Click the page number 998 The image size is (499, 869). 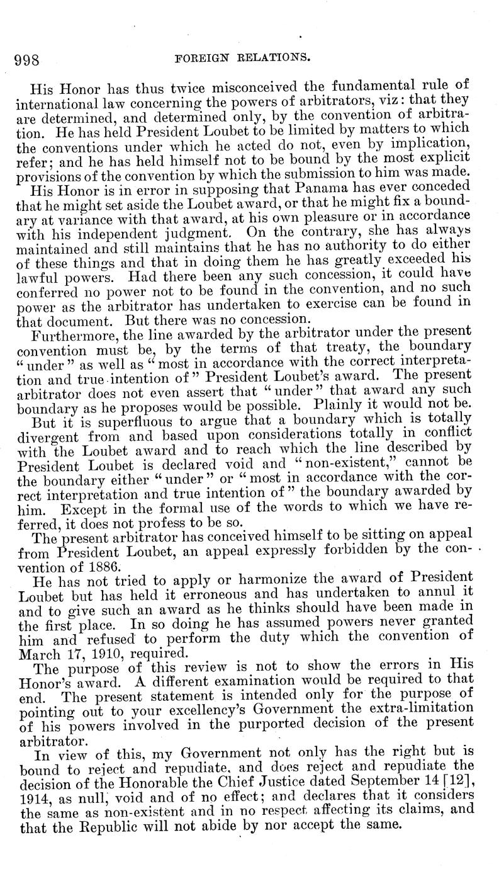tap(27, 59)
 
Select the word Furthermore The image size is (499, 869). tap(77, 333)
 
